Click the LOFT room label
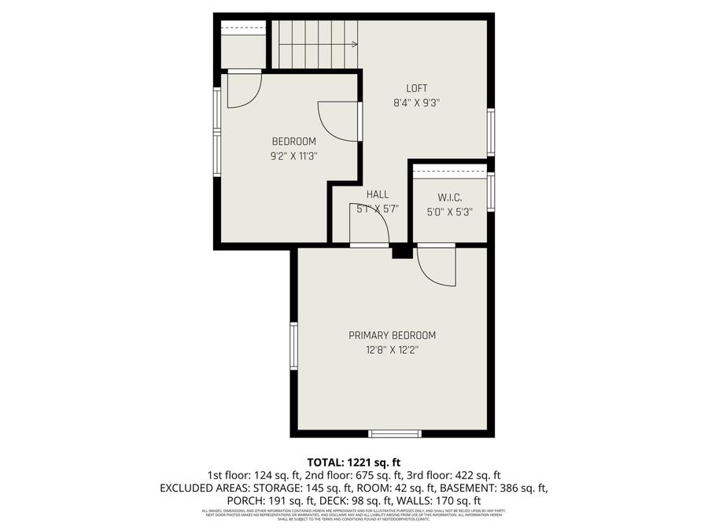click(416, 88)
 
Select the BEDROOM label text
click(293, 142)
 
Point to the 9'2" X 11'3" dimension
click(293, 156)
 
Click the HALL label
click(377, 194)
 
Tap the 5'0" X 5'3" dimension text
click(448, 212)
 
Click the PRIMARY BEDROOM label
click(392, 335)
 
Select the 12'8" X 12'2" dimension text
click(391, 350)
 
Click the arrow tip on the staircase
click(356, 45)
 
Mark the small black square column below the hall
click(401, 252)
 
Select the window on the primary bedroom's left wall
click(293, 346)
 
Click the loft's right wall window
click(490, 132)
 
